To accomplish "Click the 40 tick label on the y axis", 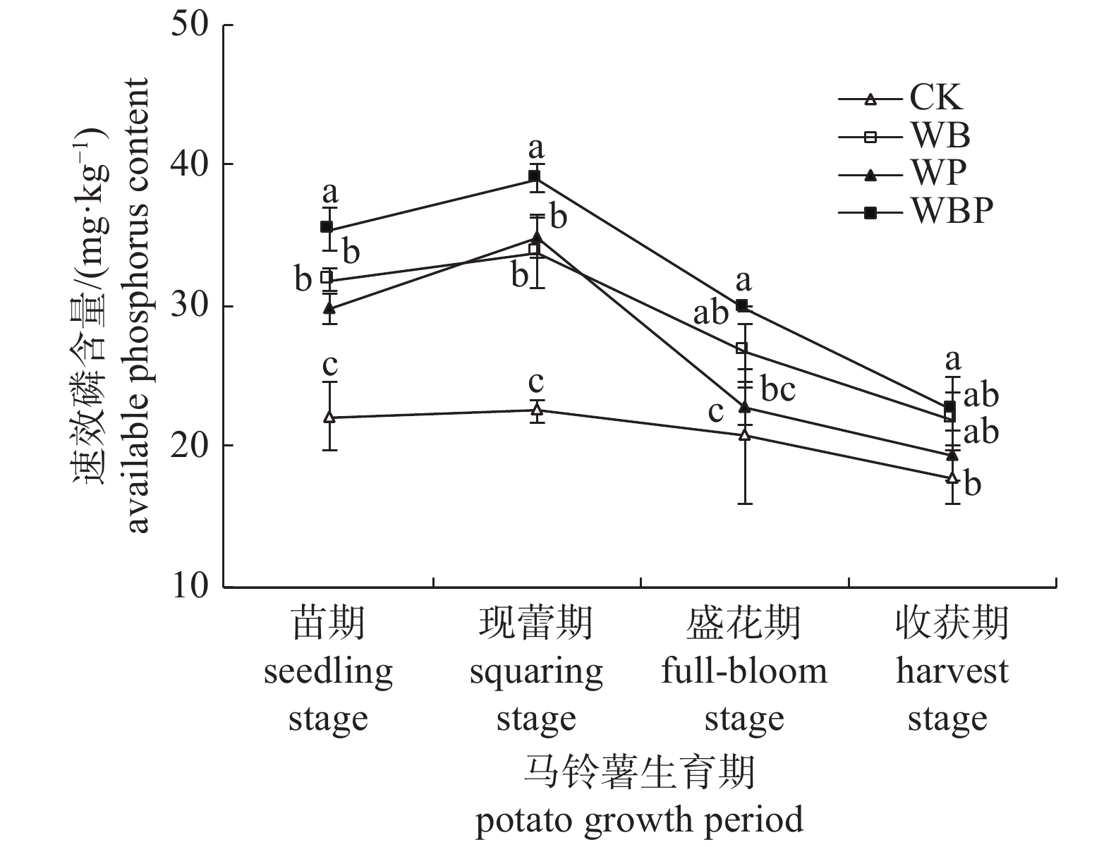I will coord(191,164).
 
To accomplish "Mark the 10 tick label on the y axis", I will coord(191,587).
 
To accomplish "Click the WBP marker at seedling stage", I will coord(327,227).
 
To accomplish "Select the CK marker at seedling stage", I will coord(329,417).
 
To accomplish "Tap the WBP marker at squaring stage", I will coord(534,176).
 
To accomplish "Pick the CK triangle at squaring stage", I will coord(537,409).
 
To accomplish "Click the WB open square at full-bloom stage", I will coord(741,348).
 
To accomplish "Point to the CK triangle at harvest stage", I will coord(952,477).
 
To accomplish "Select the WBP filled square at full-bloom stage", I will coord(741,305).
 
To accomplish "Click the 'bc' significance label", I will coord(778,389).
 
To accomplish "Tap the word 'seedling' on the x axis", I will coord(328,671).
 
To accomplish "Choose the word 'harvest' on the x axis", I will coord(952,671).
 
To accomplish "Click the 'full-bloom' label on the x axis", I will coord(743,671).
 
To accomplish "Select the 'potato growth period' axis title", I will coord(639,820).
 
